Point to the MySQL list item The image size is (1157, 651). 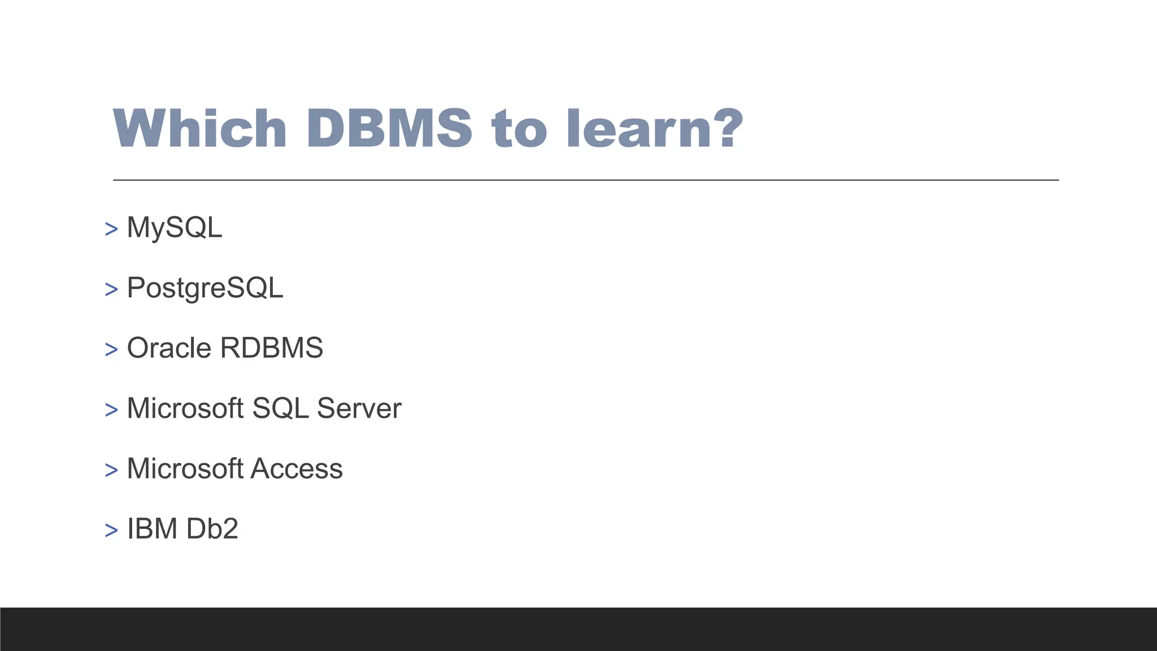175,228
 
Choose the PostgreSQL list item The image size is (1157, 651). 205,288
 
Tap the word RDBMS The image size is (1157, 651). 272,348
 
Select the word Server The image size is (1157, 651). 359,408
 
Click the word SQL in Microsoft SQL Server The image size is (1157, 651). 280,408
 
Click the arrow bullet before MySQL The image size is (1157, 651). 111,229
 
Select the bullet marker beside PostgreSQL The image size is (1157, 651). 111,290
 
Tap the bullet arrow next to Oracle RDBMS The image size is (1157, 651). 111,350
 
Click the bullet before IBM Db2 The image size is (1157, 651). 111,531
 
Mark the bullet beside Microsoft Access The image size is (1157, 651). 111,470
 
